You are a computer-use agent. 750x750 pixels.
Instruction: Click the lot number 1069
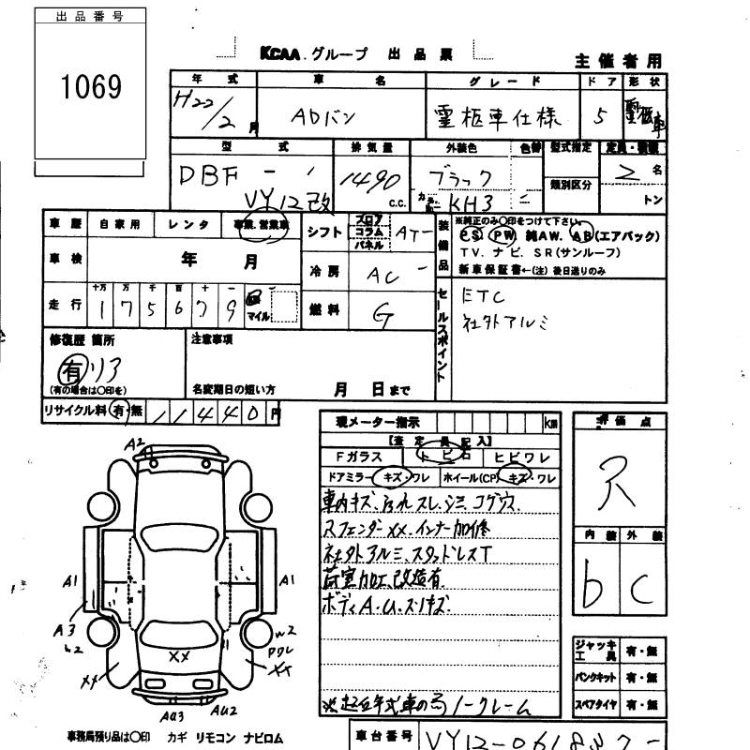[x=91, y=87]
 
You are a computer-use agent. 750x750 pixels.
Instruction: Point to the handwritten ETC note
[x=484, y=295]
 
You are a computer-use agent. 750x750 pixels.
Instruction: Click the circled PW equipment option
[x=504, y=237]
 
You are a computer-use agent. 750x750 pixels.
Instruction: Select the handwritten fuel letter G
[x=381, y=317]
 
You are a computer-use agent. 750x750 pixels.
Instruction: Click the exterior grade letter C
[x=640, y=586]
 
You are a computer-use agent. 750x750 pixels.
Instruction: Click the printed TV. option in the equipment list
[x=469, y=253]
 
